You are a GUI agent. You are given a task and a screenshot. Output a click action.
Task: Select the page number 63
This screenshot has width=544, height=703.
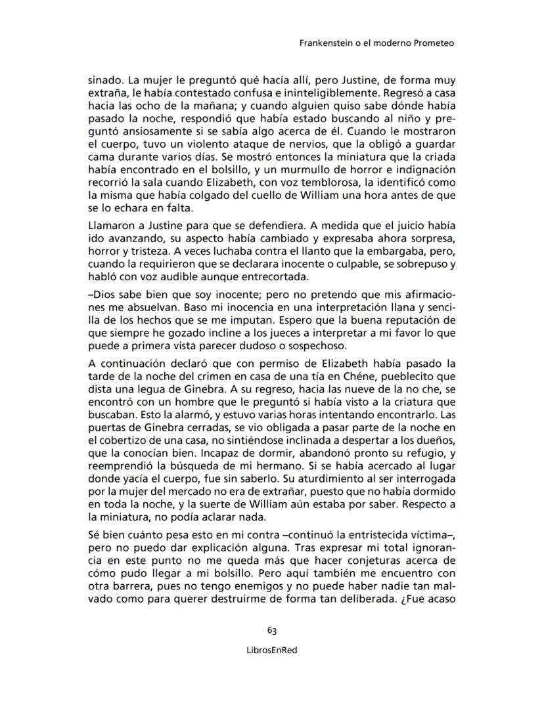[271, 630]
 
